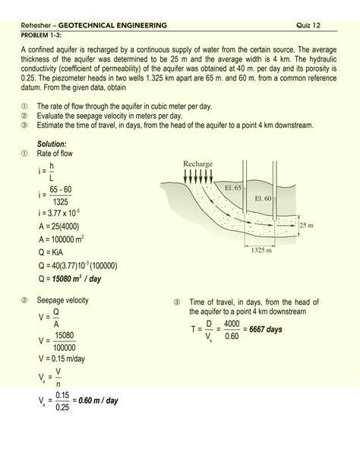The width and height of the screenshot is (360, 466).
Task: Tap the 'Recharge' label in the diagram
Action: coord(197,164)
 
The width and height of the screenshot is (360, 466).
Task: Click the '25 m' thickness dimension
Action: coord(306,226)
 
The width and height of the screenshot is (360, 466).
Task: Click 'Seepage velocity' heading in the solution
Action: coord(62,300)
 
